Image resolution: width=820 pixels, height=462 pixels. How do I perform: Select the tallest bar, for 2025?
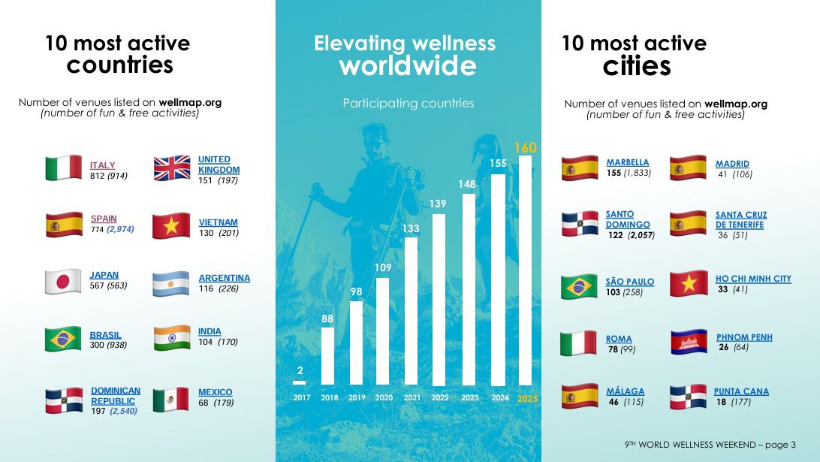[525, 270]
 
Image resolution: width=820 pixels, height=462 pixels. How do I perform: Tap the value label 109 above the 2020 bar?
[383, 267]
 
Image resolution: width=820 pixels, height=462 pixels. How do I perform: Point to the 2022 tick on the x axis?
[440, 398]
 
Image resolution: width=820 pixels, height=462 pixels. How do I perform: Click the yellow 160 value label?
[525, 148]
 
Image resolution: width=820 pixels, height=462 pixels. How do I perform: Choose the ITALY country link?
[103, 165]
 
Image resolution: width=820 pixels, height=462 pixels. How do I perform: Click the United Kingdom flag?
[172, 168]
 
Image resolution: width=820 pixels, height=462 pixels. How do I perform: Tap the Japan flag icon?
[64, 282]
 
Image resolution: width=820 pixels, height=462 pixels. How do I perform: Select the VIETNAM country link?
[218, 222]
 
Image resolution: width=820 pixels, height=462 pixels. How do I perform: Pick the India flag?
[171, 338]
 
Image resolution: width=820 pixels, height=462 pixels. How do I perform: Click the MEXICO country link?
[215, 392]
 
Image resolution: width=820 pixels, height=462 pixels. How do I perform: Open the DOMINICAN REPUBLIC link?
[116, 396]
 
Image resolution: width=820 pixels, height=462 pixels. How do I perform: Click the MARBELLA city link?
[627, 162]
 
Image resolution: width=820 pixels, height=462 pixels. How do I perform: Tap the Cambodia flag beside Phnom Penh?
[689, 342]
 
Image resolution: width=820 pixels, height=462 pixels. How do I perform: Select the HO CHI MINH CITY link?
[753, 279]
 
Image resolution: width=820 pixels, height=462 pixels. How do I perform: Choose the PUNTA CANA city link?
[741, 391]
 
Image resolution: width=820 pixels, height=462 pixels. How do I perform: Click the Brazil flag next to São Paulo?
[580, 286]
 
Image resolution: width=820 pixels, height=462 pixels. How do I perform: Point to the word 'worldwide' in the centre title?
[407, 66]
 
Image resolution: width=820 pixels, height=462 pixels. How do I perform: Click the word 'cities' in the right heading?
[636, 66]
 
